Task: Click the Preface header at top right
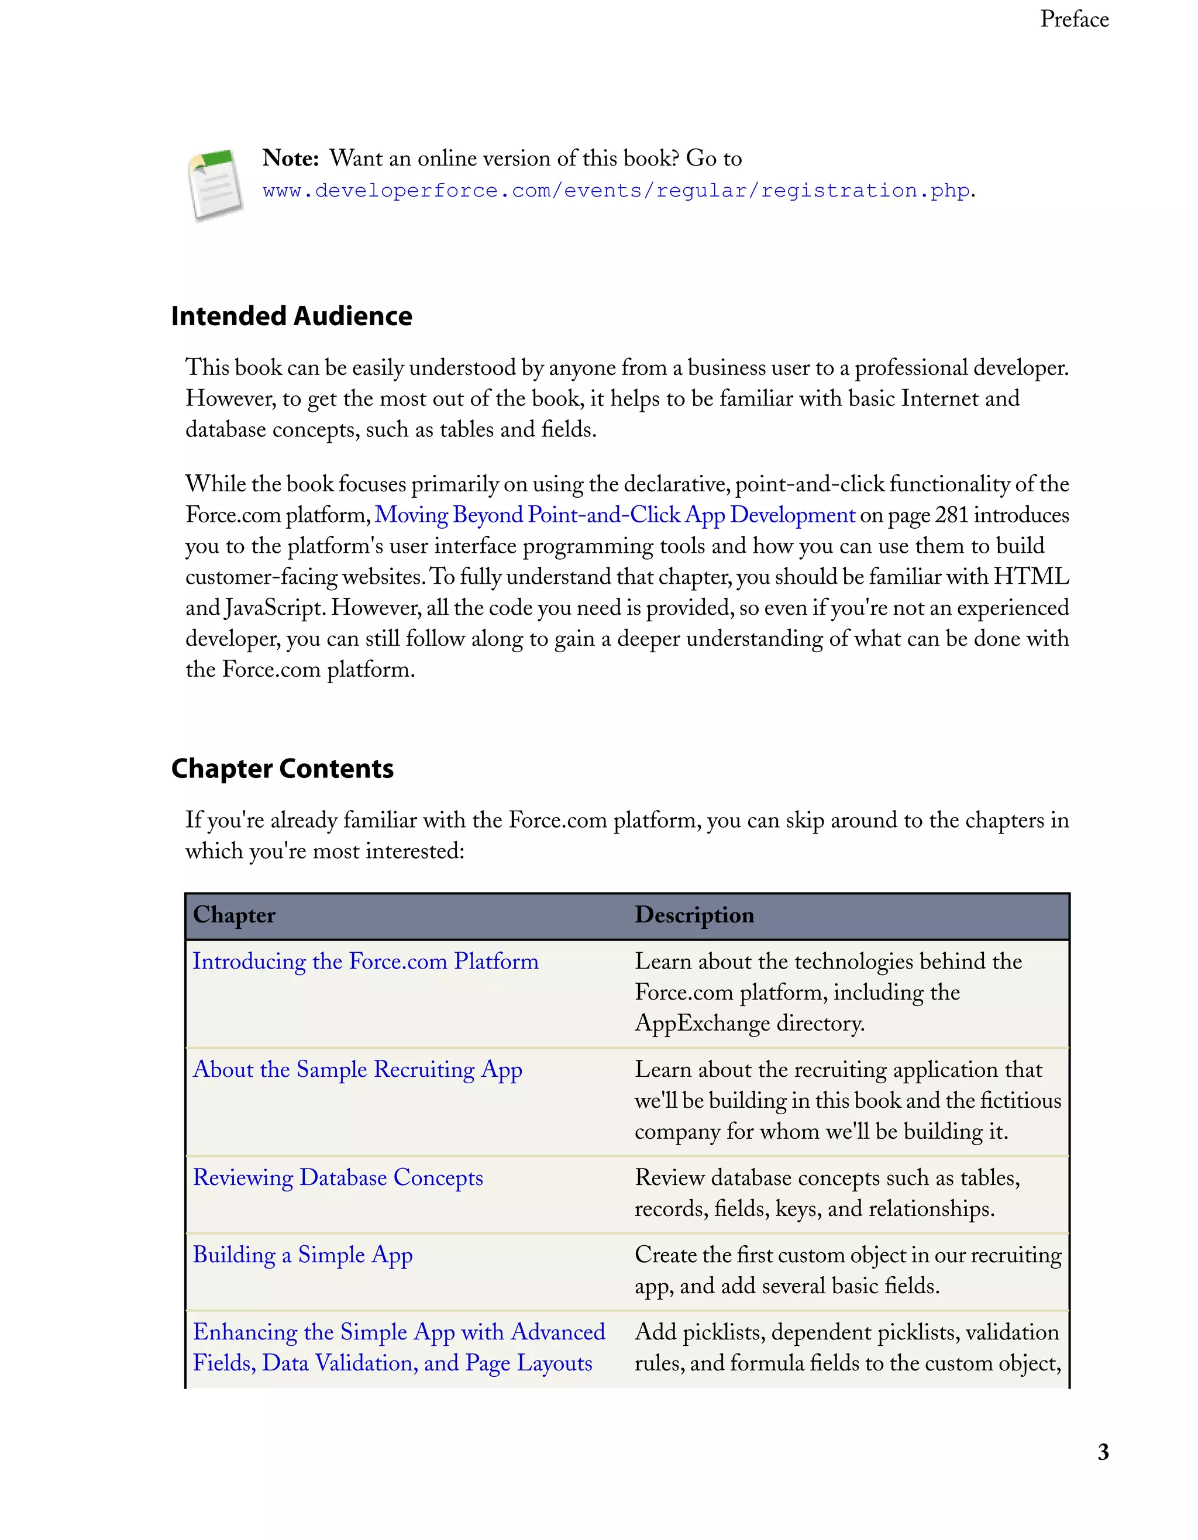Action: [1074, 19]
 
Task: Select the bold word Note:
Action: [291, 158]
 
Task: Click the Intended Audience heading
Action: [291, 316]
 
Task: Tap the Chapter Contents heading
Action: [282, 769]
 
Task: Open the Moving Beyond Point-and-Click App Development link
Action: [614, 515]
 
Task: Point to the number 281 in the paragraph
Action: [951, 515]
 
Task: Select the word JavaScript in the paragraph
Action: [275, 608]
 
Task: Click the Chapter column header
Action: [234, 915]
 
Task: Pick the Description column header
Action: [694, 915]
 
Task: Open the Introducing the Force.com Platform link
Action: [365, 961]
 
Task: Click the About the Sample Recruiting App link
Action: [357, 1070]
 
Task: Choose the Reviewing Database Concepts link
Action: [338, 1177]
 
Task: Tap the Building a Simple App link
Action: [302, 1255]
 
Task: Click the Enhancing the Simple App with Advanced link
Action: [398, 1332]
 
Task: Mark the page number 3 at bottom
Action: [1103, 1452]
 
